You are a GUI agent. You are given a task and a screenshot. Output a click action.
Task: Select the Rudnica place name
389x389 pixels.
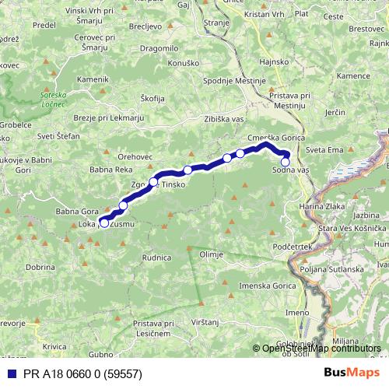[x=156, y=257]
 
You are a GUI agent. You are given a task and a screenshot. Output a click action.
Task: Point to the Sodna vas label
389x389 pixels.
[x=292, y=170]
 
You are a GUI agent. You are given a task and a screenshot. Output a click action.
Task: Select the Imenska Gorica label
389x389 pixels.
[x=246, y=286]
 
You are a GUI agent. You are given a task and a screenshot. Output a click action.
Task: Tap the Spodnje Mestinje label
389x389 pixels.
[x=233, y=81]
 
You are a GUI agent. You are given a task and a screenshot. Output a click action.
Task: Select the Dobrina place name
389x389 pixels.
[x=40, y=267]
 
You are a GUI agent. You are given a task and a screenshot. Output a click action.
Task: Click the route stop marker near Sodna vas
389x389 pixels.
[x=286, y=162]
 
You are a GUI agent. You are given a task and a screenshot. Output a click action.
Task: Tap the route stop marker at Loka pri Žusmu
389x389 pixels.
[x=104, y=223]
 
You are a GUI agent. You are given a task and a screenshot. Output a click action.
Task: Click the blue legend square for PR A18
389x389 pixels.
[x=8, y=373]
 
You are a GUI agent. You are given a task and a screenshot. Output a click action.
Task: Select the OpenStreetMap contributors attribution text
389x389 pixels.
[x=321, y=348]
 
